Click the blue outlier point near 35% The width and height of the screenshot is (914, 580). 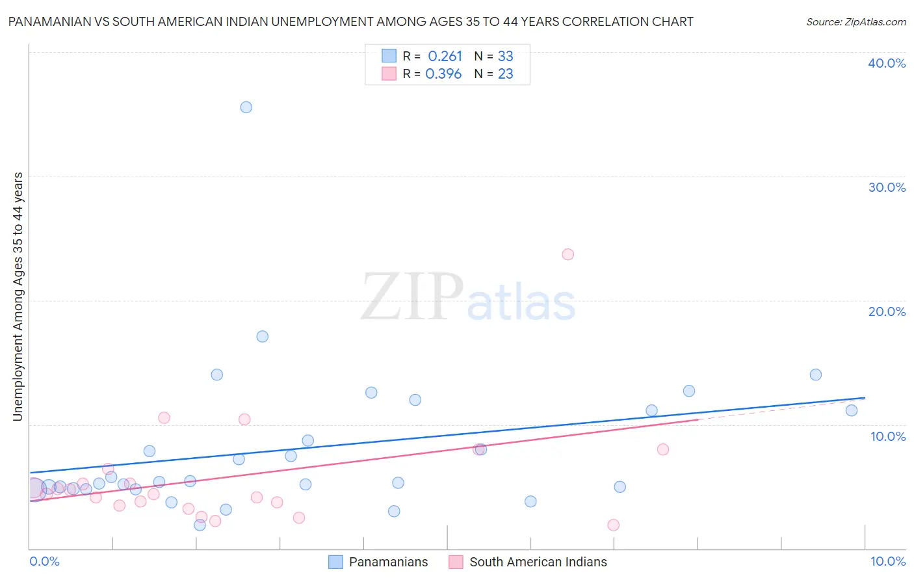click(246, 107)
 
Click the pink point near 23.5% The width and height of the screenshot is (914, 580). click(568, 254)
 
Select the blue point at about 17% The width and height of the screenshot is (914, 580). click(262, 336)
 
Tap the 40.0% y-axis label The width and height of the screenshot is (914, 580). click(887, 63)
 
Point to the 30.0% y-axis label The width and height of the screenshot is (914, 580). click(887, 187)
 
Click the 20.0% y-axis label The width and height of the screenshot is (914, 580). click(887, 311)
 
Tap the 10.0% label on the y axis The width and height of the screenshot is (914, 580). click(888, 436)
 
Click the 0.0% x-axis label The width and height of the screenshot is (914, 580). click(44, 561)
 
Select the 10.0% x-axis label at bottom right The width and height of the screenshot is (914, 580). click(888, 561)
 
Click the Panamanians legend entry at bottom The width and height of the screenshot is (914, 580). click(388, 562)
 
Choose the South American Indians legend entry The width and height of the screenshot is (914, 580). click(538, 562)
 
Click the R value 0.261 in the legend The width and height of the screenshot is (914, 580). click(445, 57)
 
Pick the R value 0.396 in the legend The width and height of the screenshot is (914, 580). click(443, 74)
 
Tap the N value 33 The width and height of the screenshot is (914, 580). click(505, 57)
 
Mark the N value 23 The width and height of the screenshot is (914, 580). click(505, 74)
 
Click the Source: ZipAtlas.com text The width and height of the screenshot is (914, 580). click(855, 22)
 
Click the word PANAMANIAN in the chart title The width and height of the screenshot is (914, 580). click(49, 21)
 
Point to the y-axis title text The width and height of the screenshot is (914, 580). click(18, 297)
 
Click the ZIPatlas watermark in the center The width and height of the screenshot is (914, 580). click(468, 298)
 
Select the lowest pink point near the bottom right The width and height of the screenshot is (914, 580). click(613, 525)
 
